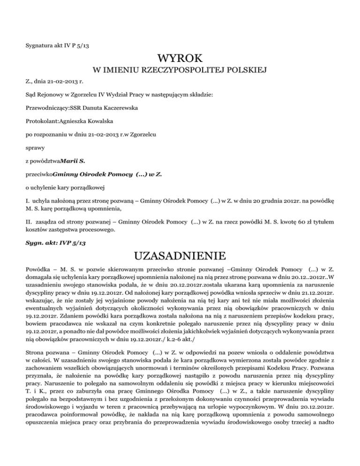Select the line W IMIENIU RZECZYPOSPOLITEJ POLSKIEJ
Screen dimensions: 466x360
[180, 71]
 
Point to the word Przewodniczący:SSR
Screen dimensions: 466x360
[48, 107]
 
